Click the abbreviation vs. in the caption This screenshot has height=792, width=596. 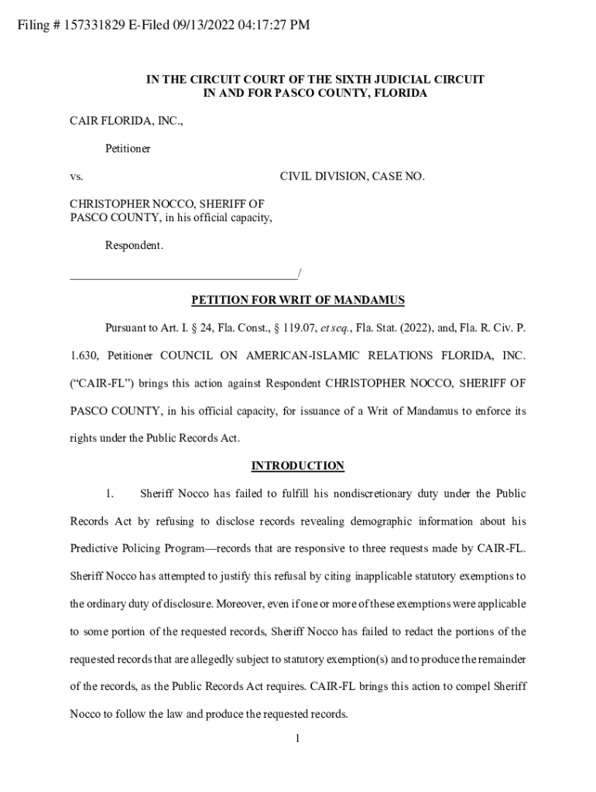(77, 176)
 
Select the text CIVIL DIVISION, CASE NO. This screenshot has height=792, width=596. (352, 176)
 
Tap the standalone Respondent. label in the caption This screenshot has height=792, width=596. (134, 245)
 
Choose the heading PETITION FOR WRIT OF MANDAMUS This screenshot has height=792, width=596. (298, 300)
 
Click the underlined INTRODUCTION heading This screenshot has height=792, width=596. (297, 466)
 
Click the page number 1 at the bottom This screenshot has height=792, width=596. (297, 738)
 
